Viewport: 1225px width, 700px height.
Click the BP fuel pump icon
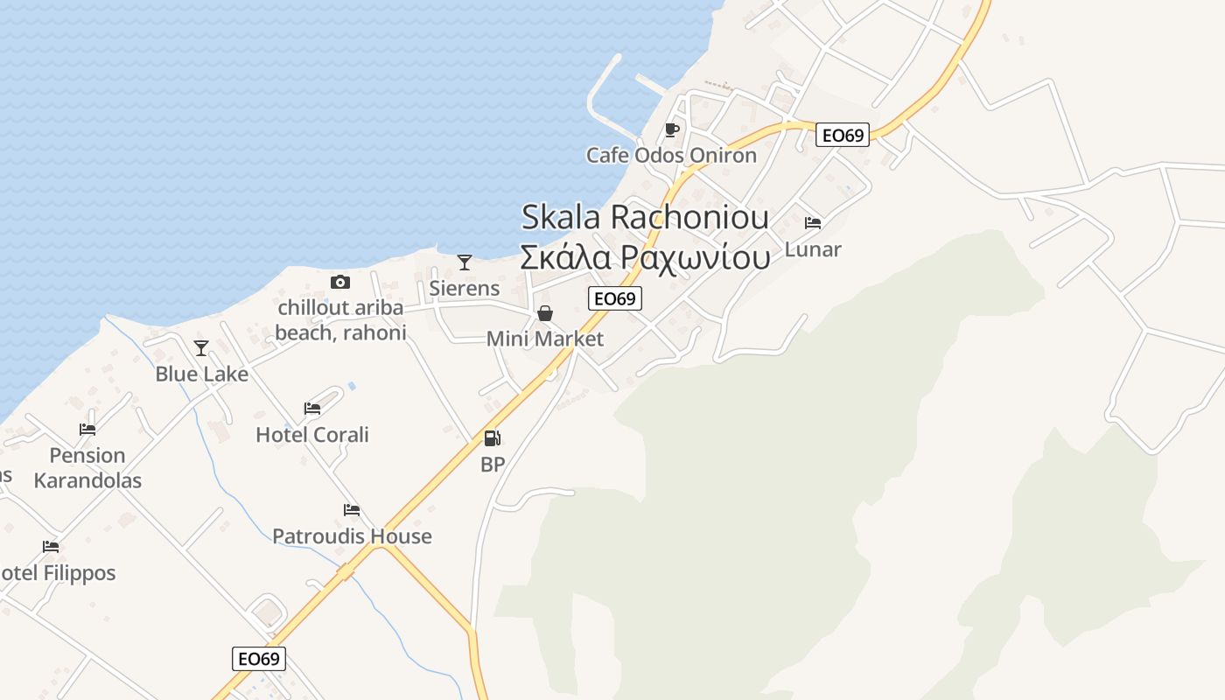493,438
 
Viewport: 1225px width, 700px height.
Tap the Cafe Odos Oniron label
671,156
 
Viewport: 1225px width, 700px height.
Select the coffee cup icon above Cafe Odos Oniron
671,130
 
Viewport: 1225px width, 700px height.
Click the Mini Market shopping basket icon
545,313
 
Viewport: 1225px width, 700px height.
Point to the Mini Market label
545,339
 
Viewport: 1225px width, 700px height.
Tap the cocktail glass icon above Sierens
465,262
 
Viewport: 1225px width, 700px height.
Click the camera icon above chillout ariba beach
340,282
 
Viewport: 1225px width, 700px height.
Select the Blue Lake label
202,374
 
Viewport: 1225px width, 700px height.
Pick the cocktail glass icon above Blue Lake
201,348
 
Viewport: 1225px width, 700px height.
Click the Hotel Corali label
312,435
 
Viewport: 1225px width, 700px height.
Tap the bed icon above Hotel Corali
312,409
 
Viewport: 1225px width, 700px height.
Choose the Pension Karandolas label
87,468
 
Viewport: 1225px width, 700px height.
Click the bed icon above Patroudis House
352,510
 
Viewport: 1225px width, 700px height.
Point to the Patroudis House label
352,536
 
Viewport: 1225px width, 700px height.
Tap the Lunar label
813,249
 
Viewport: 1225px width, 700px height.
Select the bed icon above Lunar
813,223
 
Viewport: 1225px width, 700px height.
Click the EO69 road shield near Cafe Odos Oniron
843,135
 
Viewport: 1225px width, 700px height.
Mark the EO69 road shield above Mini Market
615,298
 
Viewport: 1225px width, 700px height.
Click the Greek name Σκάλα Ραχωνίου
645,257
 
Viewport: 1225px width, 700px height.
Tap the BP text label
493,465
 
